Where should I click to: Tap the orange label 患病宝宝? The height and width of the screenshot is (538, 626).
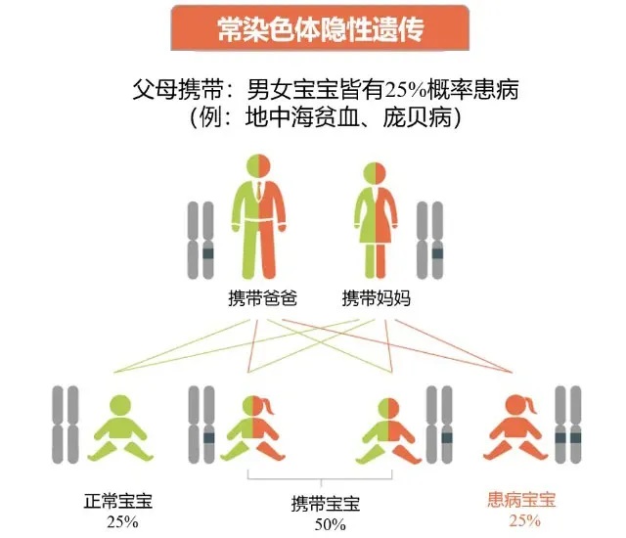coord(521,501)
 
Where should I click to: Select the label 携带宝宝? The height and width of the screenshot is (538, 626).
coord(325,505)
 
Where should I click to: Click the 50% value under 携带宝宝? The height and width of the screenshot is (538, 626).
coord(329,525)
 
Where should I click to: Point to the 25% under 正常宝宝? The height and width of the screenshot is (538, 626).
coord(122,521)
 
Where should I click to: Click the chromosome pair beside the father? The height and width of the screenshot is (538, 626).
coord(201,241)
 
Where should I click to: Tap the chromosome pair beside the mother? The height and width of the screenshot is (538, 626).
coord(429,241)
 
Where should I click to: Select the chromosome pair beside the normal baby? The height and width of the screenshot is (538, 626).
coord(66,426)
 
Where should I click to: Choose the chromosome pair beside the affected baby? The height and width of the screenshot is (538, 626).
coord(567,426)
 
